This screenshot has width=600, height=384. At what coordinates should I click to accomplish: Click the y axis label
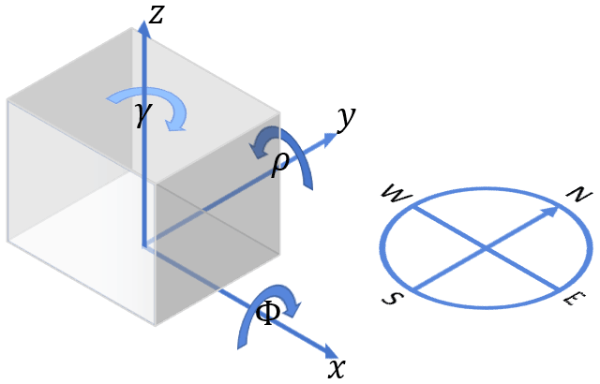point(346,119)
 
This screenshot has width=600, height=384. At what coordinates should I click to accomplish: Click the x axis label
point(337,368)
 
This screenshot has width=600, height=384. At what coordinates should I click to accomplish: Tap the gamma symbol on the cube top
point(142,114)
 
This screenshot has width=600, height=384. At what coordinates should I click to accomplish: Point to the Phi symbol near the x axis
point(268,313)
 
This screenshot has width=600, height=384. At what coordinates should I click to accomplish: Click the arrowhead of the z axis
point(143,29)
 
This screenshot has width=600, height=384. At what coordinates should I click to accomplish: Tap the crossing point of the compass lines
point(486,247)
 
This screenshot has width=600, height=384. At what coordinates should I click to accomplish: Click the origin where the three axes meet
point(143,246)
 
